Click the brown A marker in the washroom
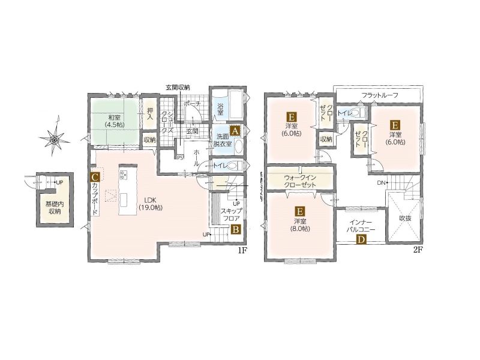235,131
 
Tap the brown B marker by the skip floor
235,229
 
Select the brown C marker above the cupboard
95,177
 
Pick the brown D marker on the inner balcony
361,239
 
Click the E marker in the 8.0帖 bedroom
299,211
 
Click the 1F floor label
242,250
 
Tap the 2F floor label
418,250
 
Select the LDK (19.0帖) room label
151,203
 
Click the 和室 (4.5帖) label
114,121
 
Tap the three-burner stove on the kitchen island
124,175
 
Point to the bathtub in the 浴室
236,104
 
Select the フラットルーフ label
380,95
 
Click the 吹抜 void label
405,218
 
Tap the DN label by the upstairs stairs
381,183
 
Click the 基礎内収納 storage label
55,207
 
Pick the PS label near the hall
179,158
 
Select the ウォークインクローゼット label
300,181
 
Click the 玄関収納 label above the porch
178,87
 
